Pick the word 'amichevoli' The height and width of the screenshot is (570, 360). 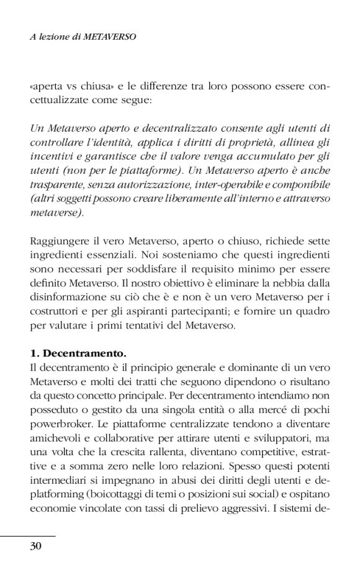coord(55,423)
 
